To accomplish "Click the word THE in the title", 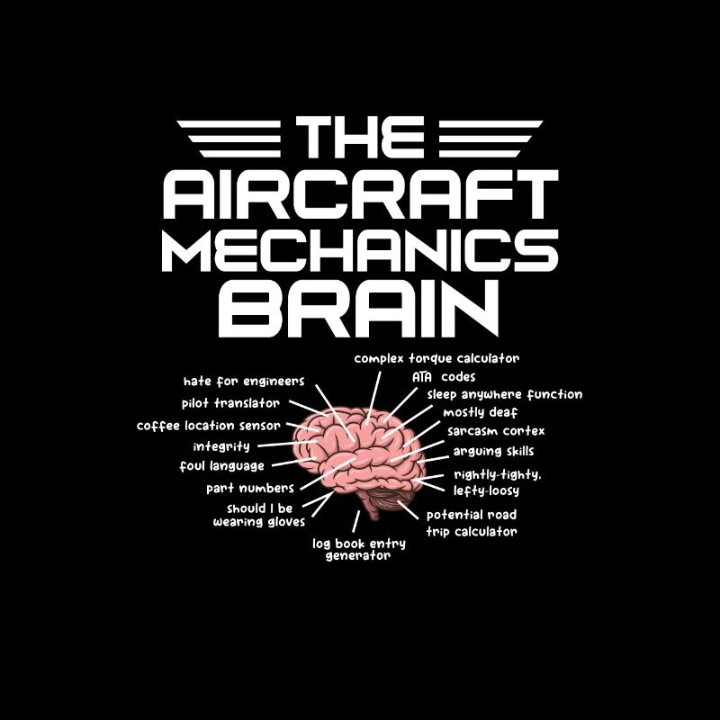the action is [x=360, y=137].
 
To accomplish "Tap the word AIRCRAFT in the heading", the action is [x=361, y=194].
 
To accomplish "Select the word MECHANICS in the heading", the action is [x=361, y=251].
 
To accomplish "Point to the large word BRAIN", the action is [x=358, y=309].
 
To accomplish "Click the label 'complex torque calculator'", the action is [x=436, y=358].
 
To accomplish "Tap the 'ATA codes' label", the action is [x=444, y=377].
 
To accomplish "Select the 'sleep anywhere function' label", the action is [x=505, y=395].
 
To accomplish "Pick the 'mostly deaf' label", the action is [x=481, y=413].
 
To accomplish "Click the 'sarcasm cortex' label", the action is [x=496, y=431].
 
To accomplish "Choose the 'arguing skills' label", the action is [x=493, y=452].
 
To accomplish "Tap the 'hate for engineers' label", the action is [x=244, y=382].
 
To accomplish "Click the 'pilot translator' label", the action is [x=230, y=403].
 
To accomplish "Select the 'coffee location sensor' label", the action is [x=209, y=426].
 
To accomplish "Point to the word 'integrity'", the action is [x=221, y=446].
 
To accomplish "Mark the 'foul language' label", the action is [x=221, y=466].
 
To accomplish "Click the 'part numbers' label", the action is [x=250, y=488].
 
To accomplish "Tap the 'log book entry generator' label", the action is [x=358, y=550].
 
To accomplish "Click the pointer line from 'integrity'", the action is [x=287, y=444].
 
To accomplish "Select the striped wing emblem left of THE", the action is [x=229, y=139].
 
